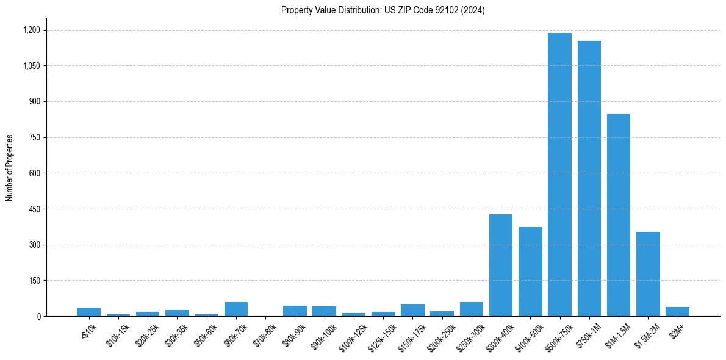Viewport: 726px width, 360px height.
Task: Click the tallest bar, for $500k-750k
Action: pos(559,175)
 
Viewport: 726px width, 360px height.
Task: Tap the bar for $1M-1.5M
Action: pos(618,215)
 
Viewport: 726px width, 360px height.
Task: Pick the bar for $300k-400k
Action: pos(501,265)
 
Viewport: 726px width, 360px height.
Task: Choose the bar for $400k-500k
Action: pos(530,272)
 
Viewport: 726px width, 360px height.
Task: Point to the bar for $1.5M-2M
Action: pos(648,274)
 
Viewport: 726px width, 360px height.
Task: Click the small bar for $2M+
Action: pos(677,312)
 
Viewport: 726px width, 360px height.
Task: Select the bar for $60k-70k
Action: pos(236,309)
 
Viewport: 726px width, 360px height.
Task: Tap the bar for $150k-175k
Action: pos(412,311)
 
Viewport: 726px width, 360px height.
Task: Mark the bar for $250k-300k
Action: pos(472,309)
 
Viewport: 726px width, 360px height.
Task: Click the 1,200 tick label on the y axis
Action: pos(31,30)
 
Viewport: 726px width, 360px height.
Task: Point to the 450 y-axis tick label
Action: pos(34,209)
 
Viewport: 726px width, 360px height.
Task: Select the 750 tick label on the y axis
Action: pos(34,137)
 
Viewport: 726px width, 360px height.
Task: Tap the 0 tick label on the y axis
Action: pos(38,317)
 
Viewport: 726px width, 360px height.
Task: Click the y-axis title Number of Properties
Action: pos(10,167)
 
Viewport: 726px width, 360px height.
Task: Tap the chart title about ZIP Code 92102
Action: pos(383,10)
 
